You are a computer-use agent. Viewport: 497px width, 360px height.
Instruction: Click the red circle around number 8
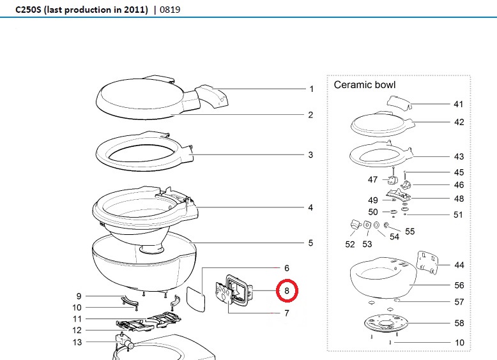(x=287, y=291)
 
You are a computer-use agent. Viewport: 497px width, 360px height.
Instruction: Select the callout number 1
(x=311, y=89)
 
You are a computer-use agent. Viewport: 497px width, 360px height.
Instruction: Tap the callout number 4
(x=310, y=207)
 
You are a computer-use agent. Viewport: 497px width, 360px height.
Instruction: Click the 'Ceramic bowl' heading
(x=365, y=85)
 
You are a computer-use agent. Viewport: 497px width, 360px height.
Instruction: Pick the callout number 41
(x=459, y=104)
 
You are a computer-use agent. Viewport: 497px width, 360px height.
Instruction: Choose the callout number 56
(x=459, y=285)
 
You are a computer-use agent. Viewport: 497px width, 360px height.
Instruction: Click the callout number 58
(x=459, y=323)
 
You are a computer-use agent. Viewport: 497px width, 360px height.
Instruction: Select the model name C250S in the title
(x=29, y=10)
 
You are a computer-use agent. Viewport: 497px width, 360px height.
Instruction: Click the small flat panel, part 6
(x=194, y=297)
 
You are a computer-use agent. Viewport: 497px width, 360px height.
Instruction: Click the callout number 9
(x=79, y=296)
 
